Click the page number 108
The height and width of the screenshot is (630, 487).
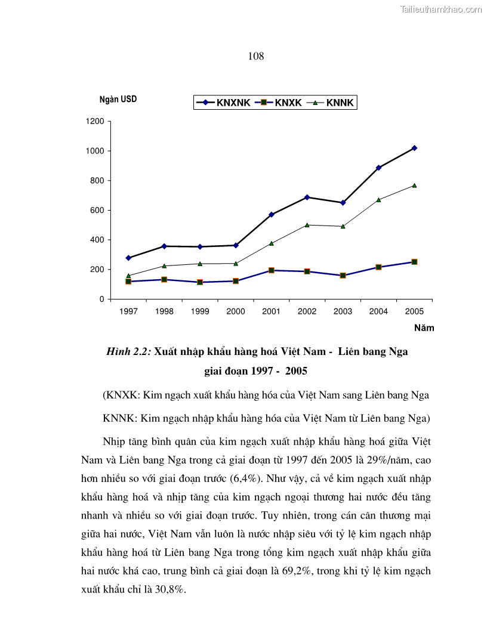click(255, 57)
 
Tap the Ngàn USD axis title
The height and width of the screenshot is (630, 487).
click(118, 99)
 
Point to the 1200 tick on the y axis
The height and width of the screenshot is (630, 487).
click(97, 122)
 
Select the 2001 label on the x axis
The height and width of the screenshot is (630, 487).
click(271, 311)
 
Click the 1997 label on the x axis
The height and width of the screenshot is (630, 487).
click(128, 311)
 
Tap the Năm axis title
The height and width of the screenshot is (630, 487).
click(424, 328)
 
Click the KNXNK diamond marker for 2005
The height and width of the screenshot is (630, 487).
click(414, 148)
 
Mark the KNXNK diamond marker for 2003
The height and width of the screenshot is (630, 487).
click(343, 203)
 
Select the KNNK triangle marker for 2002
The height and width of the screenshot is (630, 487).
click(307, 225)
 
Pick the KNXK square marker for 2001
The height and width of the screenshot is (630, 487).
click(271, 270)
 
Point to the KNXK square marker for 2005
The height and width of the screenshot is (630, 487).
click(414, 262)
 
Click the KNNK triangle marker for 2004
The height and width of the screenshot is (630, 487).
click(378, 199)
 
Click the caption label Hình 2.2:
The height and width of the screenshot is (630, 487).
click(128, 351)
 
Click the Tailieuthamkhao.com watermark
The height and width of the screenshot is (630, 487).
click(441, 9)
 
